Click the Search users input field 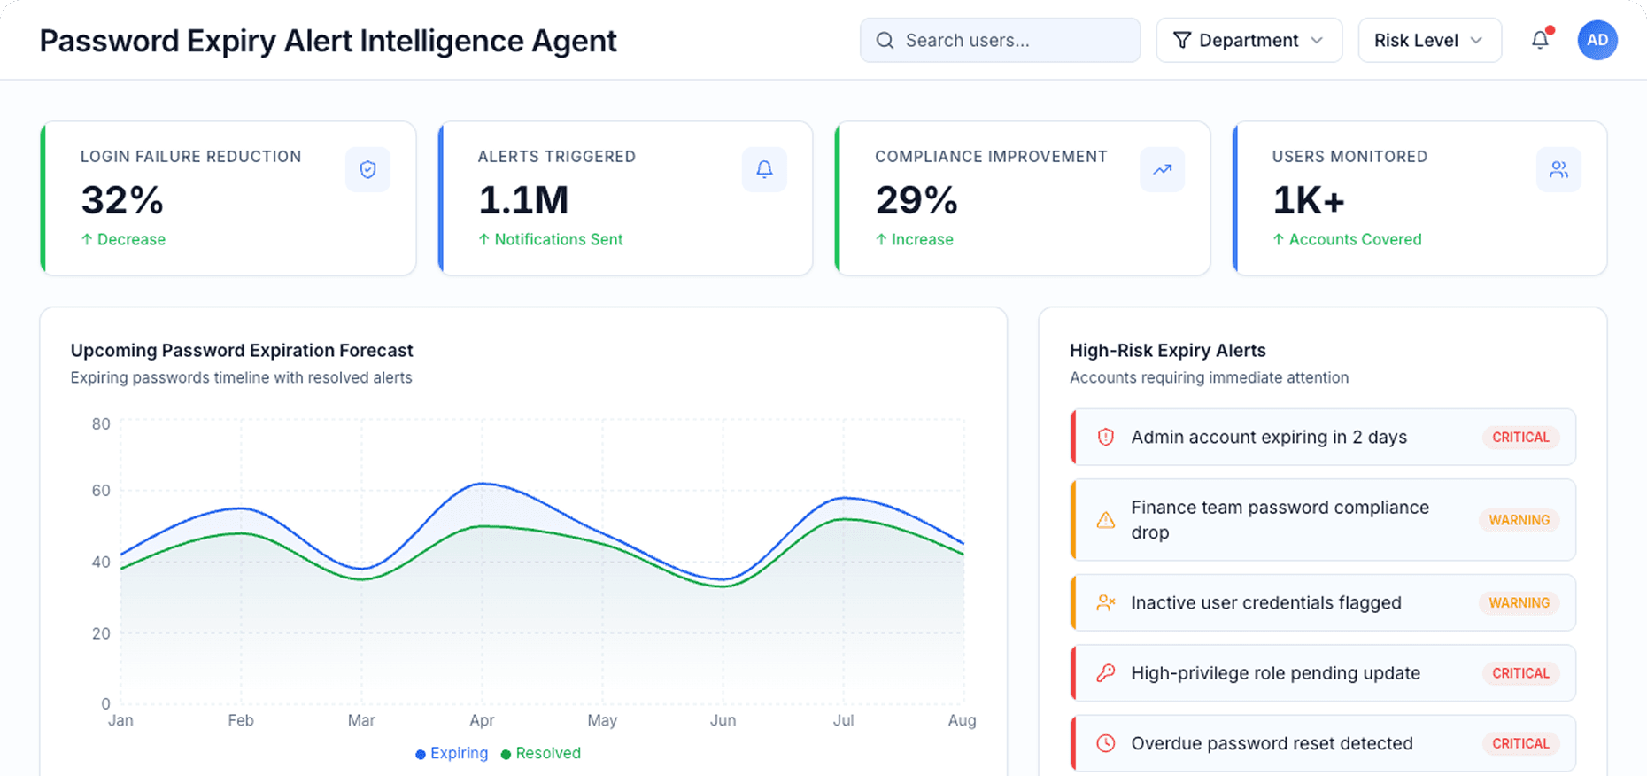1001,41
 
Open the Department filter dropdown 1249,41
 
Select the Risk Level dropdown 1428,41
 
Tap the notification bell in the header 1540,40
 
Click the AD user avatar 1597,40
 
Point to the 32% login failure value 122,200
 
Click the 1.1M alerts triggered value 523,200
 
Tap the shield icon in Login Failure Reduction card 367,169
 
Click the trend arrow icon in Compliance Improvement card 1162,169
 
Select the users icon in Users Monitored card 1558,169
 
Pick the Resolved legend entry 541,753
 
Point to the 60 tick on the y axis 101,491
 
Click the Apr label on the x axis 482,720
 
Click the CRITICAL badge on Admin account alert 1520,437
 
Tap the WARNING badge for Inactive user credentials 1519,602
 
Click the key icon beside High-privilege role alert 1105,673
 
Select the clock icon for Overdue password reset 1105,743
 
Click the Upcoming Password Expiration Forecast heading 242,351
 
